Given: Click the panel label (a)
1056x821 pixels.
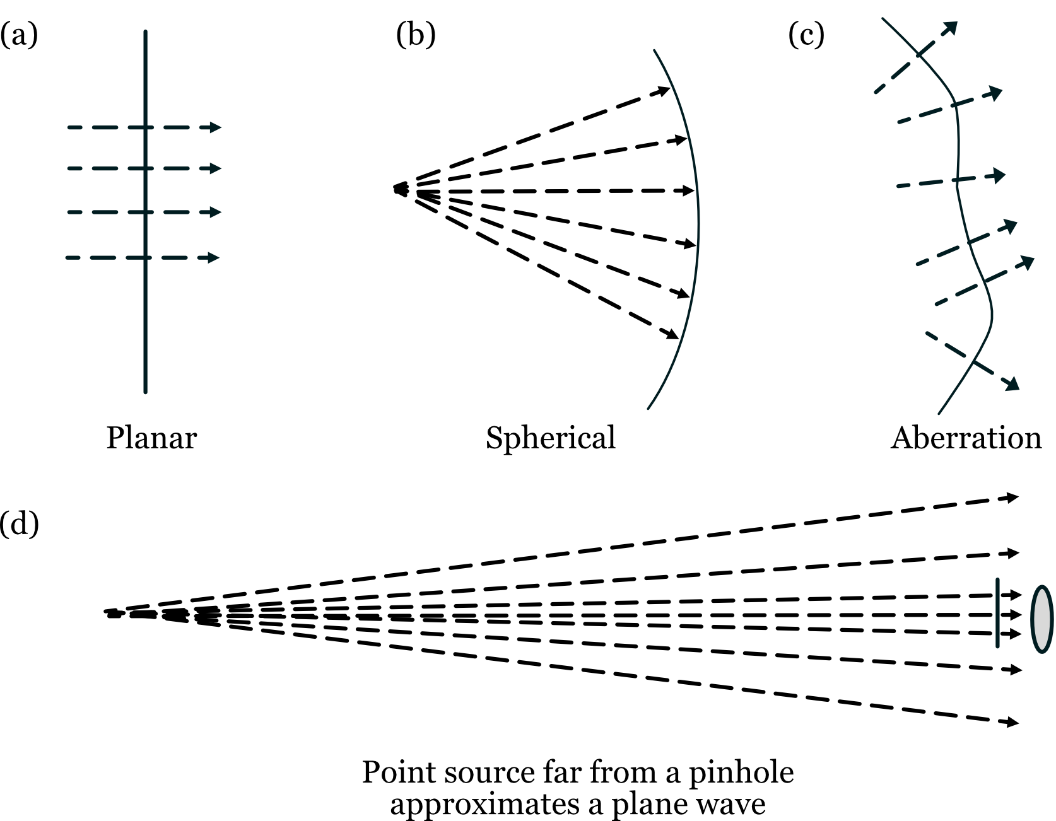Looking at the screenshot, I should click(x=18, y=35).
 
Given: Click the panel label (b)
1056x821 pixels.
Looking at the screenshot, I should click(x=416, y=35).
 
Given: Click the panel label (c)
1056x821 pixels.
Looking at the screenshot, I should click(x=806, y=35).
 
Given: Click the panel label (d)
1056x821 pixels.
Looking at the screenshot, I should click(x=19, y=523).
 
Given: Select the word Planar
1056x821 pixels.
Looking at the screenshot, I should click(x=151, y=438).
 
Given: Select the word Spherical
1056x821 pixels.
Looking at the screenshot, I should click(x=550, y=438).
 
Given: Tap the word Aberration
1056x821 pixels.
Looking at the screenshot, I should click(x=966, y=438).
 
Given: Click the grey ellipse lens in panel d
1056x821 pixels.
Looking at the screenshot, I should click(x=1041, y=619).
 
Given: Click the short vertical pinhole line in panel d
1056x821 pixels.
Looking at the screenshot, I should click(x=997, y=612).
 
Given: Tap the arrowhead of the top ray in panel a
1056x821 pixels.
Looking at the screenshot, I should click(x=216, y=127).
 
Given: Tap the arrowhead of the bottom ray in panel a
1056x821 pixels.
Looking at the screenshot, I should click(x=214, y=257).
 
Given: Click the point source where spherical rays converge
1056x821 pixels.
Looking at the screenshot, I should click(x=399, y=189).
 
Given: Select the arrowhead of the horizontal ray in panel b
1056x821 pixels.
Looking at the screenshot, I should click(x=688, y=190).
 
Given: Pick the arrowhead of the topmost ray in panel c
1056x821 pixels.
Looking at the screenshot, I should click(x=951, y=27).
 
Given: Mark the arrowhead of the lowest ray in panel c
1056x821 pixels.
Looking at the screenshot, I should click(x=1012, y=384).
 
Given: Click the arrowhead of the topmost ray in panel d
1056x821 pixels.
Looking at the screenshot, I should click(x=1013, y=498).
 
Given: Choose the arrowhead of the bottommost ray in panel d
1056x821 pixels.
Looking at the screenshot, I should click(x=1013, y=723).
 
